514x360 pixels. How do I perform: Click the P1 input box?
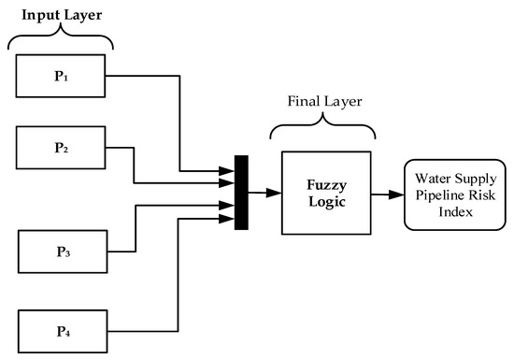[x=61, y=78]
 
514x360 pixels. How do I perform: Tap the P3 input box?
[x=64, y=252]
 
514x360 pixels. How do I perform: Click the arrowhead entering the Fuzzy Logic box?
[x=275, y=194]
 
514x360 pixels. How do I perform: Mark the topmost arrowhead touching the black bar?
[x=229, y=170]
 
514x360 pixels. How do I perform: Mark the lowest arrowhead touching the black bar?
[x=229, y=220]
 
